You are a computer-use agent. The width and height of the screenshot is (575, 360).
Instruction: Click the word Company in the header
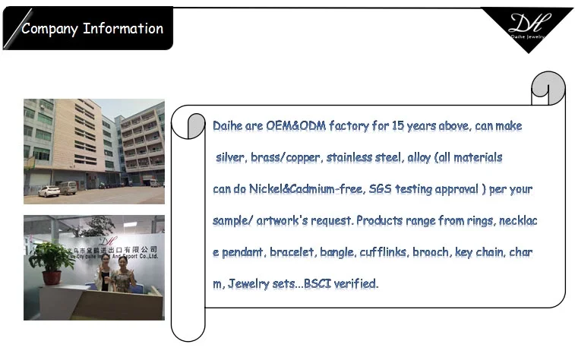(x=49, y=29)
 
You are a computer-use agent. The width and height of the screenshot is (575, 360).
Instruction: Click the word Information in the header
(x=123, y=28)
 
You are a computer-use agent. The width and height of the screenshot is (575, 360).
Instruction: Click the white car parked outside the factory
(x=49, y=191)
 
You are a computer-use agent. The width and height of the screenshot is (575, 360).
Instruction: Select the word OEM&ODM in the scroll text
(x=296, y=126)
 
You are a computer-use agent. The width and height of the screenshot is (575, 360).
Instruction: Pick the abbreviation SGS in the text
(x=381, y=189)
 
